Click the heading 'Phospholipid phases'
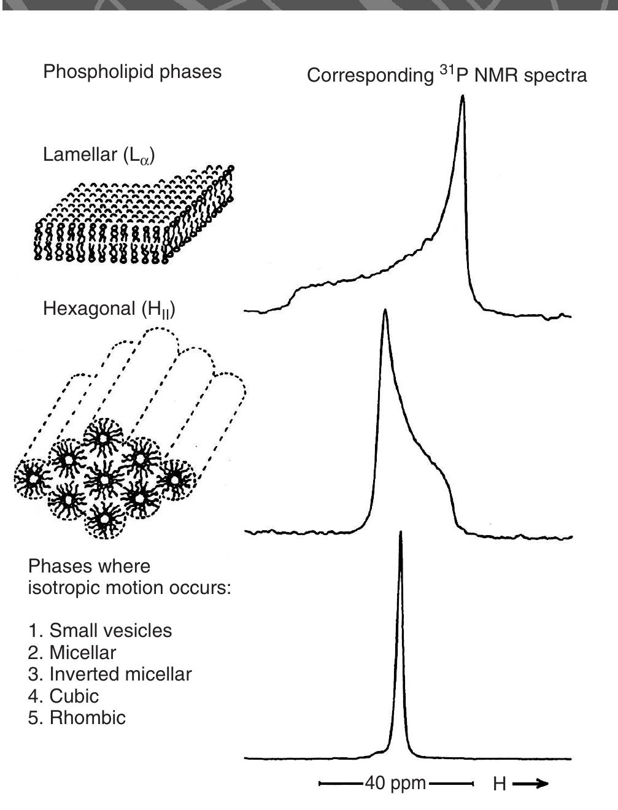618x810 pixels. point(132,72)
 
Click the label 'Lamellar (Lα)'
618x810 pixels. point(99,155)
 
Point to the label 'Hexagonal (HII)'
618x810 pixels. point(109,309)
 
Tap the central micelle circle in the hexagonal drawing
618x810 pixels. point(104,479)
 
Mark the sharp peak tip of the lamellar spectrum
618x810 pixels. point(463,97)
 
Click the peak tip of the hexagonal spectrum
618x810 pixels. point(385,311)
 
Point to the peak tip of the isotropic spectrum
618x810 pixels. point(400,533)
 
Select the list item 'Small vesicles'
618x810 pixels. point(100,631)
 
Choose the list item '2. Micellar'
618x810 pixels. point(72,652)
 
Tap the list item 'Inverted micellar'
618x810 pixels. point(110,674)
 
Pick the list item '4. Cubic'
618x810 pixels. point(63,696)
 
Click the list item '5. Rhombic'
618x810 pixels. point(77,718)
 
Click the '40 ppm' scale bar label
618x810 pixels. point(395,784)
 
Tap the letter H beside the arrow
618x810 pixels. point(499,784)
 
